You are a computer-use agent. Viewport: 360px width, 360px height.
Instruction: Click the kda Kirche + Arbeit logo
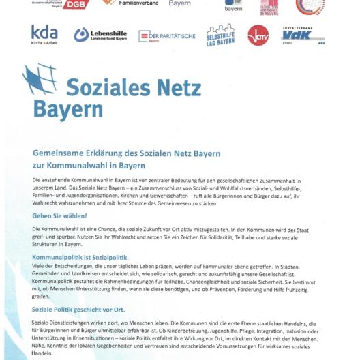tap(44, 34)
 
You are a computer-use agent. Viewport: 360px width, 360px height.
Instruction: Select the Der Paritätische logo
tap(166, 36)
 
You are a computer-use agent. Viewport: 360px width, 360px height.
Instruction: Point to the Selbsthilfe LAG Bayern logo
tap(220, 35)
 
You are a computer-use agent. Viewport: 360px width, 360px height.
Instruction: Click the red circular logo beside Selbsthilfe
tap(258, 35)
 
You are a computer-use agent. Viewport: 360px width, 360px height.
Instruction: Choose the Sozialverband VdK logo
tap(303, 35)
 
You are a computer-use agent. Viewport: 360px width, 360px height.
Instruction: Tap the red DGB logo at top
tap(75, 4)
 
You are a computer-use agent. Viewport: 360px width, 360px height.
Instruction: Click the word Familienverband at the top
tap(138, 3)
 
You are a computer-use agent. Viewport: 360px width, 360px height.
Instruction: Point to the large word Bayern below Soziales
tap(67, 110)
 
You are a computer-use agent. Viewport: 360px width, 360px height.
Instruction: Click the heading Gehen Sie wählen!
tap(59, 215)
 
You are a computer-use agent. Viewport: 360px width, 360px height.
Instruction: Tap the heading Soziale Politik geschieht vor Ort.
tap(78, 310)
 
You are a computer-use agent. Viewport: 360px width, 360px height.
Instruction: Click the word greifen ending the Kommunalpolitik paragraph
tap(41, 297)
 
